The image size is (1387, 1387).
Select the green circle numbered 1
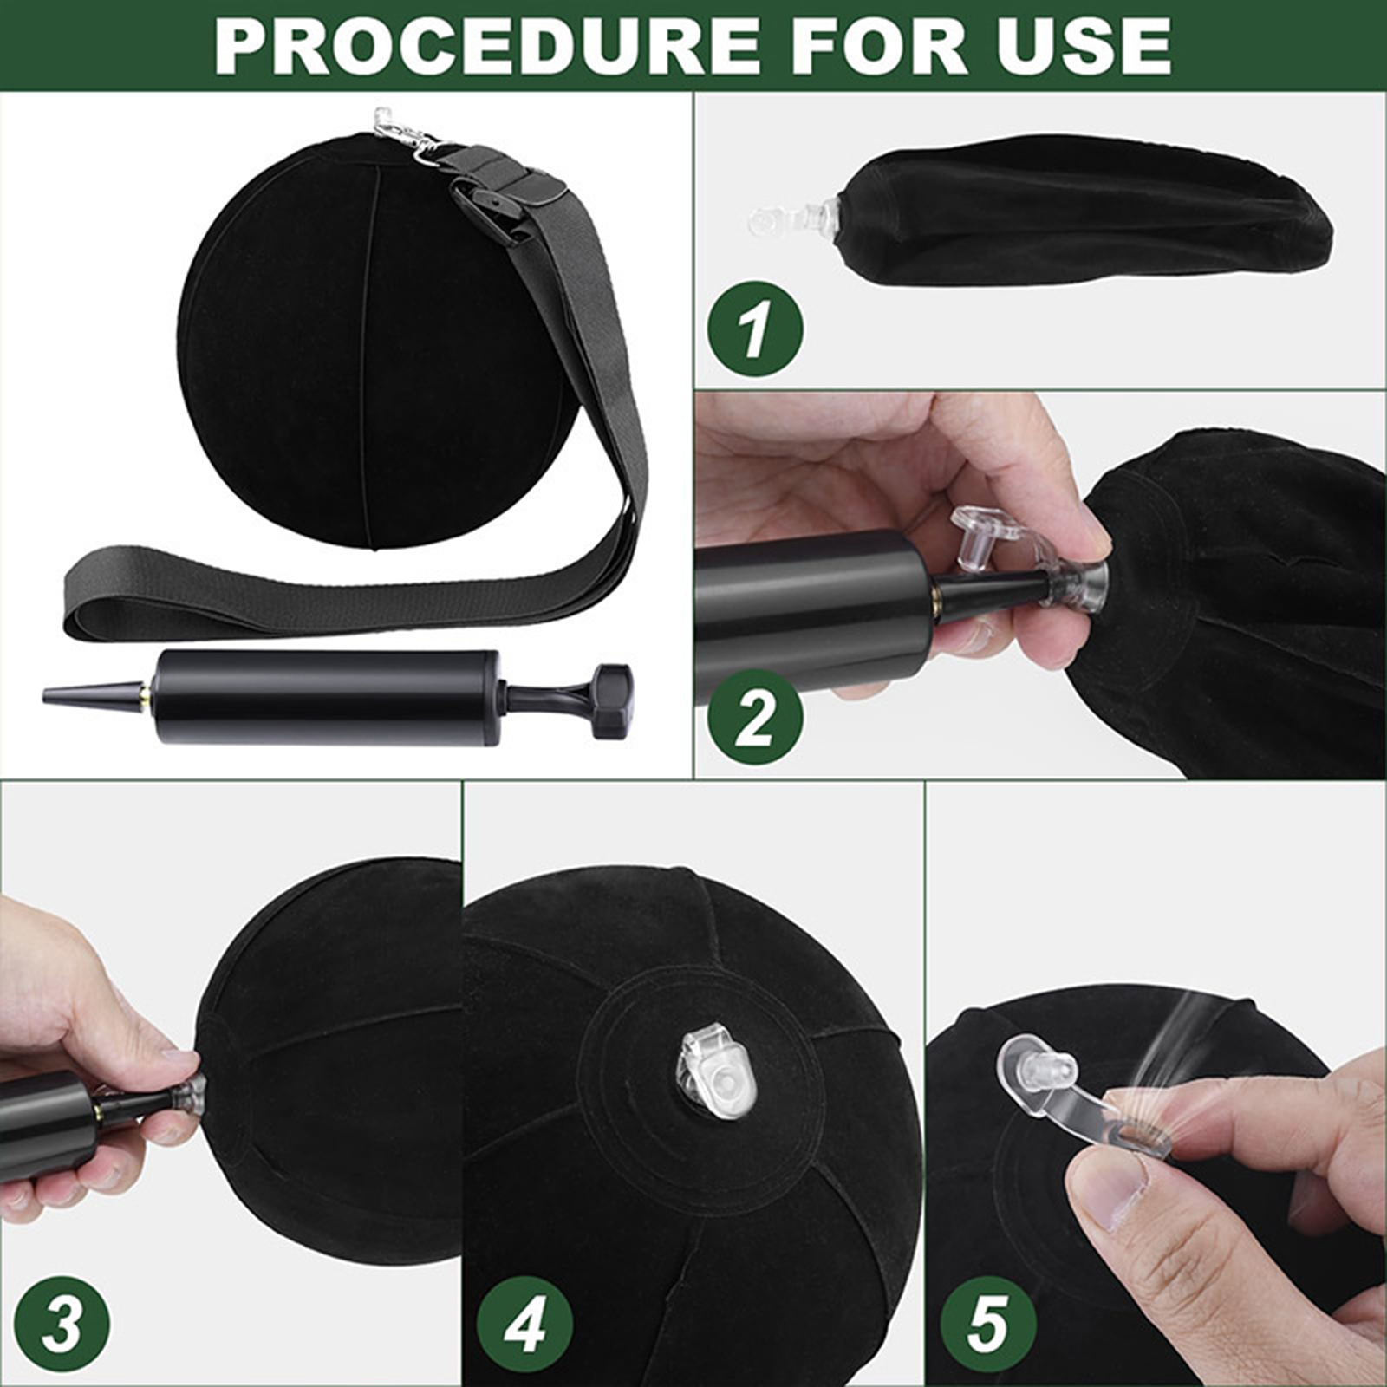755,329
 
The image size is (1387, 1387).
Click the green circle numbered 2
755,717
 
